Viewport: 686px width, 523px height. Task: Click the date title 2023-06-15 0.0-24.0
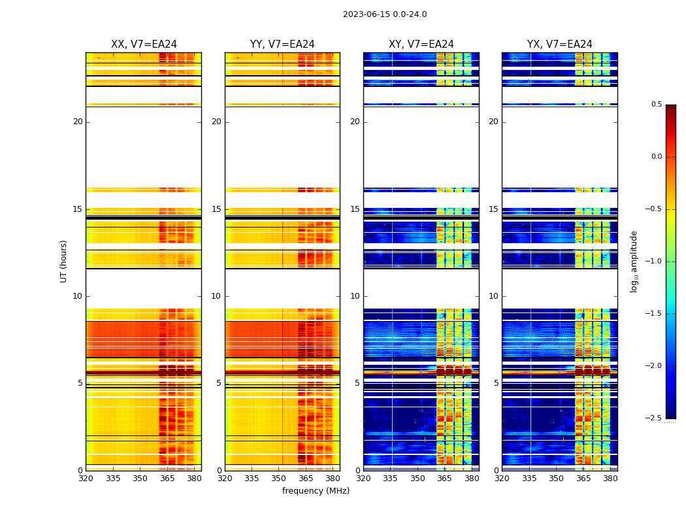pyautogui.click(x=385, y=14)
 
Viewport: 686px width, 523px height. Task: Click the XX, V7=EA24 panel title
pyautogui.click(x=144, y=44)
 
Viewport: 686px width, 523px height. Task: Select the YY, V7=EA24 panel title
pyautogui.click(x=282, y=44)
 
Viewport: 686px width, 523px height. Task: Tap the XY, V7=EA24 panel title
pyautogui.click(x=421, y=44)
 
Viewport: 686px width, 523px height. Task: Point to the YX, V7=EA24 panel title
pyautogui.click(x=560, y=44)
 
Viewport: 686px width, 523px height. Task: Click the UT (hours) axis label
pyautogui.click(x=64, y=261)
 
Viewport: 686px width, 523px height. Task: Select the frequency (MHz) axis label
pyautogui.click(x=316, y=491)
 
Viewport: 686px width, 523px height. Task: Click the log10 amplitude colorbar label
pyautogui.click(x=634, y=261)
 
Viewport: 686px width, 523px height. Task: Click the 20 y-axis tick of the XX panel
pyautogui.click(x=78, y=122)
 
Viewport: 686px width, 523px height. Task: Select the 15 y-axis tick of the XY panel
pyautogui.click(x=355, y=209)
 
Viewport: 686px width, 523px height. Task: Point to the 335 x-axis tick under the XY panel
pyautogui.click(x=391, y=479)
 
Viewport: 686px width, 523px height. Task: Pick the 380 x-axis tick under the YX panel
pyautogui.click(x=610, y=479)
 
